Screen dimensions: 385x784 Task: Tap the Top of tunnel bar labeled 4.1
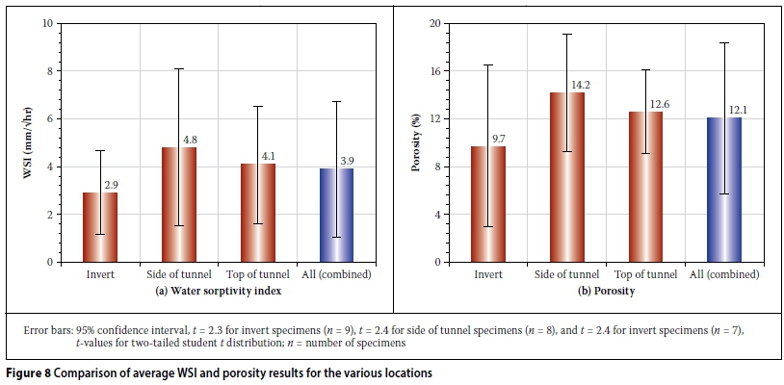click(x=257, y=213)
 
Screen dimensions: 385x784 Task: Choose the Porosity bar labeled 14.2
click(x=567, y=177)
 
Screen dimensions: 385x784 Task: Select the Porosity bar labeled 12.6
click(x=645, y=187)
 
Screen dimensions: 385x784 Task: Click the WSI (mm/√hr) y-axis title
click(x=28, y=142)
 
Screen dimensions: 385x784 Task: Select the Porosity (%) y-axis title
click(x=417, y=142)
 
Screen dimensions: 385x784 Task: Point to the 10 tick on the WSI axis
click(x=48, y=23)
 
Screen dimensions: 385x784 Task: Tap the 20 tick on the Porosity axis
click(x=434, y=23)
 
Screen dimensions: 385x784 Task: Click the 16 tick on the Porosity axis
click(x=434, y=71)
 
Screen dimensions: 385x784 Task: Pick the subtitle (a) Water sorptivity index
click(x=217, y=291)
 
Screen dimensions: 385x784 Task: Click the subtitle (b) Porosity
click(x=606, y=291)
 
